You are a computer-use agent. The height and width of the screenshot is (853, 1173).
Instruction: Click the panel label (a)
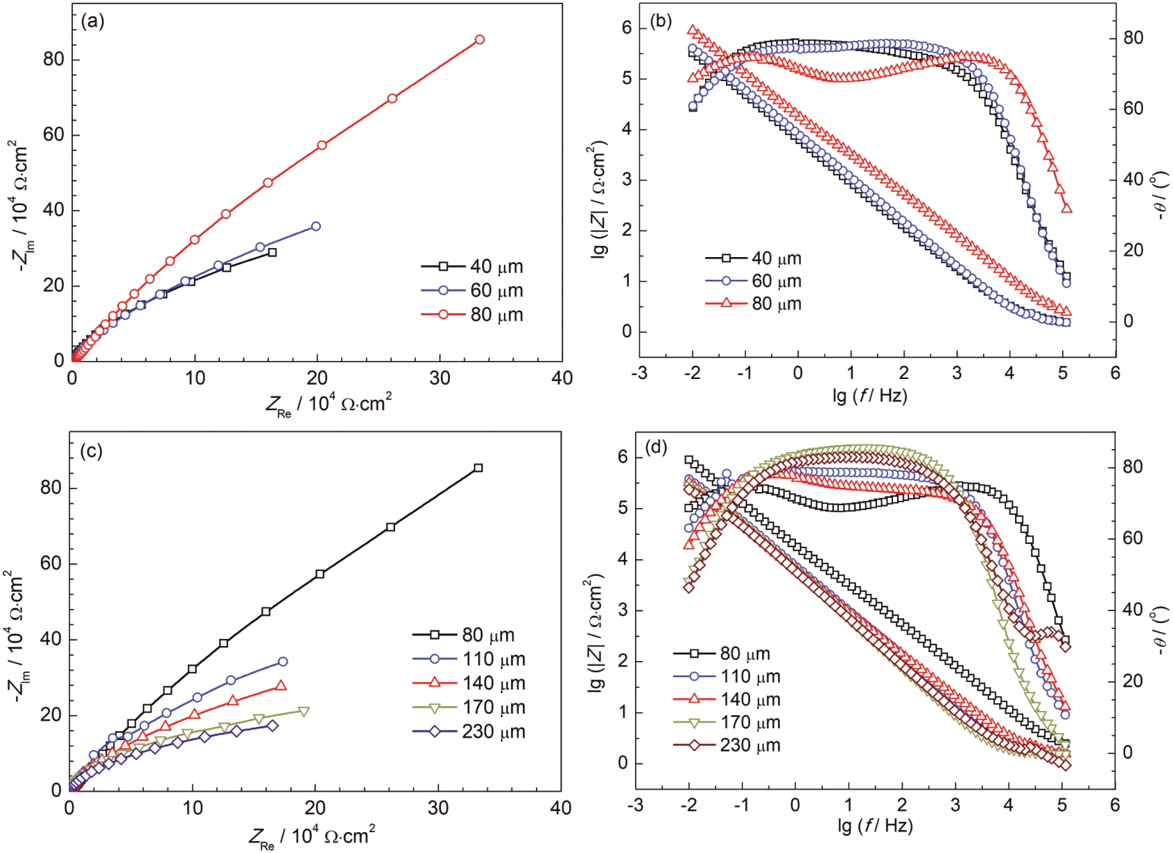(92, 21)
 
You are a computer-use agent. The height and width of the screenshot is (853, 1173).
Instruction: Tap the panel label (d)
(656, 448)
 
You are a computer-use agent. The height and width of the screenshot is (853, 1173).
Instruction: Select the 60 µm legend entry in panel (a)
(471, 291)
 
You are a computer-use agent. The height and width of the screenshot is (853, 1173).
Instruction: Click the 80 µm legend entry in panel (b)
(753, 304)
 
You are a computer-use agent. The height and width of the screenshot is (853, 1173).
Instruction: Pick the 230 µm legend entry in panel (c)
(469, 732)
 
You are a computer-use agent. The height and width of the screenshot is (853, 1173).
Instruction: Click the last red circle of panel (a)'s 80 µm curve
(479, 40)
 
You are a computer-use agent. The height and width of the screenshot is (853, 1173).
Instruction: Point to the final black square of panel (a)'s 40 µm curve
(272, 253)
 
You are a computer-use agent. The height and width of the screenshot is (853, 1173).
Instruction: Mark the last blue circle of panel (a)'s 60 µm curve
(316, 227)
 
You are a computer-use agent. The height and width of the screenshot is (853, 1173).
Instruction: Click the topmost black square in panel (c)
(478, 468)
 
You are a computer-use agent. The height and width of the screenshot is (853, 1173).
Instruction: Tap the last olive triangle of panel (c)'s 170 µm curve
(304, 712)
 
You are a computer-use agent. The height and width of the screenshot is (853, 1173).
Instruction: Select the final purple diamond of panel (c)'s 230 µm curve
(272, 726)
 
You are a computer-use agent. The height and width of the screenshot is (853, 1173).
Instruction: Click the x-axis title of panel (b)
(869, 396)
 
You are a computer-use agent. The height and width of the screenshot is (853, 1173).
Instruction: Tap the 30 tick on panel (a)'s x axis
(440, 378)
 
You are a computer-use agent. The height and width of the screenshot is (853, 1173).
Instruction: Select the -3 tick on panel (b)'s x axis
(639, 373)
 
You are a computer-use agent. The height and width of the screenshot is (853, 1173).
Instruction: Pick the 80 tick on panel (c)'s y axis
(51, 489)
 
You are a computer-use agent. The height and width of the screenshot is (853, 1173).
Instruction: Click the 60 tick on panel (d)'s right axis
(1133, 538)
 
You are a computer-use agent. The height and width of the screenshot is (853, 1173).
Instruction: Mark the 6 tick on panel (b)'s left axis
(627, 28)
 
